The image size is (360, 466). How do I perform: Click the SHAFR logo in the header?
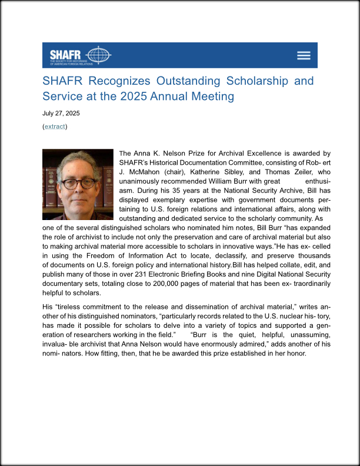pyautogui.click(x=80, y=55)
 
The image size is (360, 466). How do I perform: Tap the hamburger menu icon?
pyautogui.click(x=304, y=55)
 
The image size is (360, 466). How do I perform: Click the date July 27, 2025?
pyautogui.click(x=61, y=113)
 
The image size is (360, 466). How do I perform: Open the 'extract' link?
pyautogui.click(x=55, y=127)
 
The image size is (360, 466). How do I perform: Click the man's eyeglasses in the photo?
pyautogui.click(x=78, y=182)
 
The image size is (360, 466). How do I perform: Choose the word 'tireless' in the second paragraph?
pyautogui.click(x=72, y=307)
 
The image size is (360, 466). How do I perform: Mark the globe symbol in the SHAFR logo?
pyautogui.click(x=98, y=55)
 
